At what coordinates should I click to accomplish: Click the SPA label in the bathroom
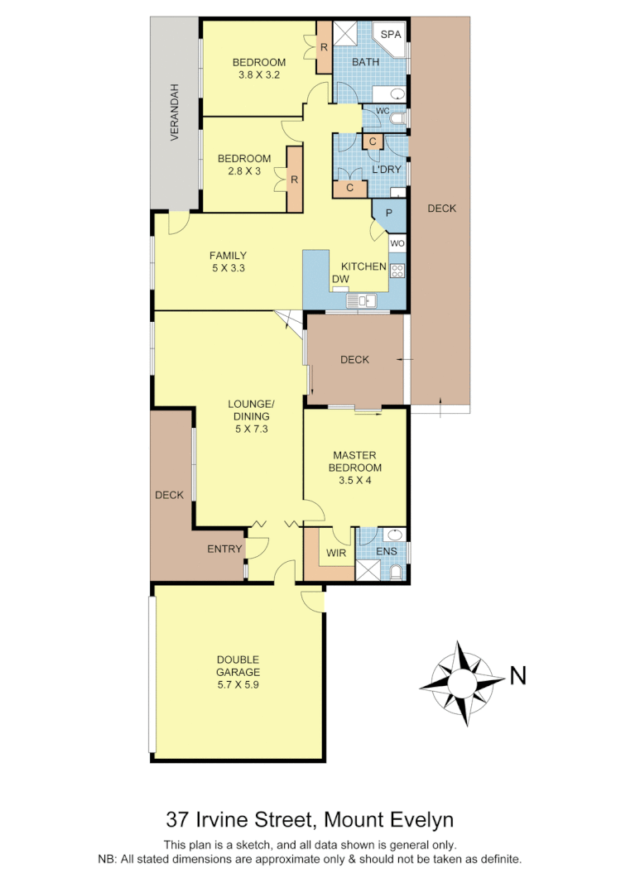390,35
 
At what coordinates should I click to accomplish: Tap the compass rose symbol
461,684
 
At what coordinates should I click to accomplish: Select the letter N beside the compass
517,676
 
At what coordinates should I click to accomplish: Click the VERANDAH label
175,113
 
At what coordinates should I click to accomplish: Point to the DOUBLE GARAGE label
238,666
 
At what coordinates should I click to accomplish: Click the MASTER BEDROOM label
354,461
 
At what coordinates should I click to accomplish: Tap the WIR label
335,551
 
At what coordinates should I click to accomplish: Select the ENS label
387,551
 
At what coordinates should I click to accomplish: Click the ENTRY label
224,549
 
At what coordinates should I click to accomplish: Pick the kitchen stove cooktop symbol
397,269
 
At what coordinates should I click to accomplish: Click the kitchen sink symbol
362,300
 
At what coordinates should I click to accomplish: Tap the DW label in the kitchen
339,280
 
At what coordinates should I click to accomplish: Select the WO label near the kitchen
397,243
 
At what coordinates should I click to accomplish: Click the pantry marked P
388,214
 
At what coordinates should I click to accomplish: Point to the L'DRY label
386,170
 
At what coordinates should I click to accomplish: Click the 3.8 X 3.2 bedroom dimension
258,74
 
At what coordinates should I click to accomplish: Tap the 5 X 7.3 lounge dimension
251,429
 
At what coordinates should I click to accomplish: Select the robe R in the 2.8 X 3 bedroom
294,179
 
